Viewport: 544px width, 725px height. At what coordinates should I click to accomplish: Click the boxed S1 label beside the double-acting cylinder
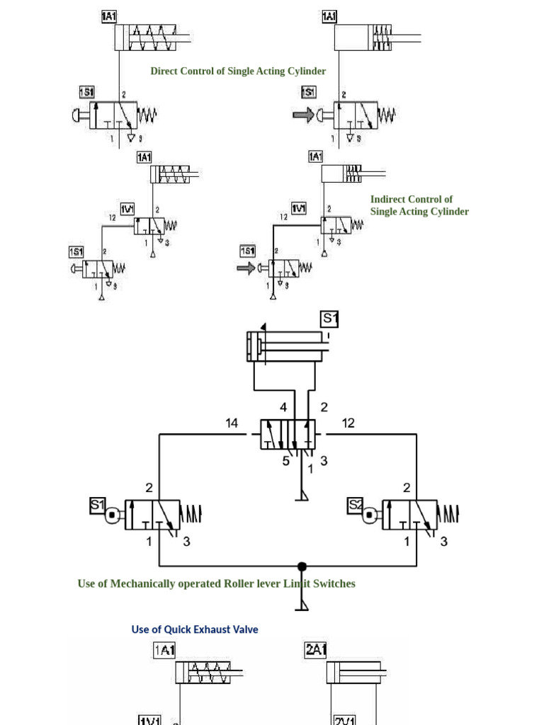click(x=330, y=319)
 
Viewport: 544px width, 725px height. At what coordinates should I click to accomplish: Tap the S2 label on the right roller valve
click(x=356, y=506)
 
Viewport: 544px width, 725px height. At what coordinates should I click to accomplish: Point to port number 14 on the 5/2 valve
click(x=232, y=423)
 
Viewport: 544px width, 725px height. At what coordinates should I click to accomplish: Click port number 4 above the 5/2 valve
click(x=283, y=407)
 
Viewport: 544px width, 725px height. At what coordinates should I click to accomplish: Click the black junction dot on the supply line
click(x=302, y=566)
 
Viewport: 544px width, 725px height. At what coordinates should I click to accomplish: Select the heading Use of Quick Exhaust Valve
click(x=195, y=629)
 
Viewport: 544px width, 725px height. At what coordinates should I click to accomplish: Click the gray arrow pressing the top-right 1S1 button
click(x=303, y=115)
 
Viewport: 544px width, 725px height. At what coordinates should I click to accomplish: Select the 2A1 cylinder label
click(x=315, y=650)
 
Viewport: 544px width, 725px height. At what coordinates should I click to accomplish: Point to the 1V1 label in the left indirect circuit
click(x=127, y=208)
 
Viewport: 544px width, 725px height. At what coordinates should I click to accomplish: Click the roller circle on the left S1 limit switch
click(x=112, y=516)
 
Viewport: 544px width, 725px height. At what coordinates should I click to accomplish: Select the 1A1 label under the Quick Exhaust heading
click(x=164, y=650)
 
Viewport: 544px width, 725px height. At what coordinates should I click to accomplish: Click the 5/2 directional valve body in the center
click(x=288, y=433)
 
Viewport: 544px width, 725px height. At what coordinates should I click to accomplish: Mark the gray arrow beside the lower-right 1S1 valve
click(x=246, y=268)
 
